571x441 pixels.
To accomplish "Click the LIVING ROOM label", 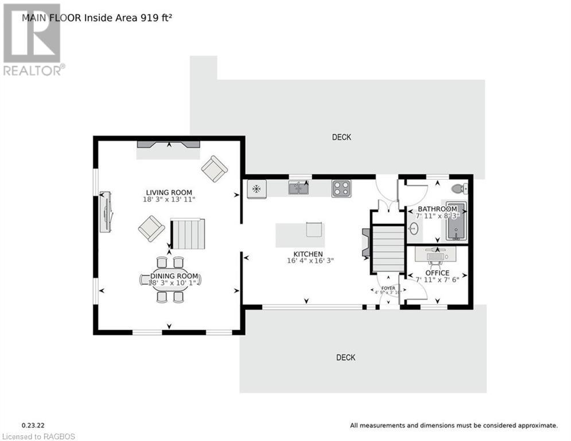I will coord(169,192).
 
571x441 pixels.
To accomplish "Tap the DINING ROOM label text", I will coord(170,276).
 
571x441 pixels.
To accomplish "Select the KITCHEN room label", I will coord(308,254).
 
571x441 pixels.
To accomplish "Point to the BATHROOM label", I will coord(437,208).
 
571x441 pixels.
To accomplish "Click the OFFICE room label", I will coord(437,273).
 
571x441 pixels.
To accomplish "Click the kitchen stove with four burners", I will coord(341,188).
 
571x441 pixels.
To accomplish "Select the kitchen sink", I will coord(298,188).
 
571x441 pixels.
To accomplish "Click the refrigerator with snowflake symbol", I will coord(257,189).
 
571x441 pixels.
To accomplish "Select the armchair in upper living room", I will coord(214,169).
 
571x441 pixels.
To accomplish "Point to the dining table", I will coord(170,280).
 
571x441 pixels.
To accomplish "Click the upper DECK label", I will coord(341,137).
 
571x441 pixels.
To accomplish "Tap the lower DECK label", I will coord(345,357).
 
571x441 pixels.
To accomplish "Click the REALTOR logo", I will coord(33,40).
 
